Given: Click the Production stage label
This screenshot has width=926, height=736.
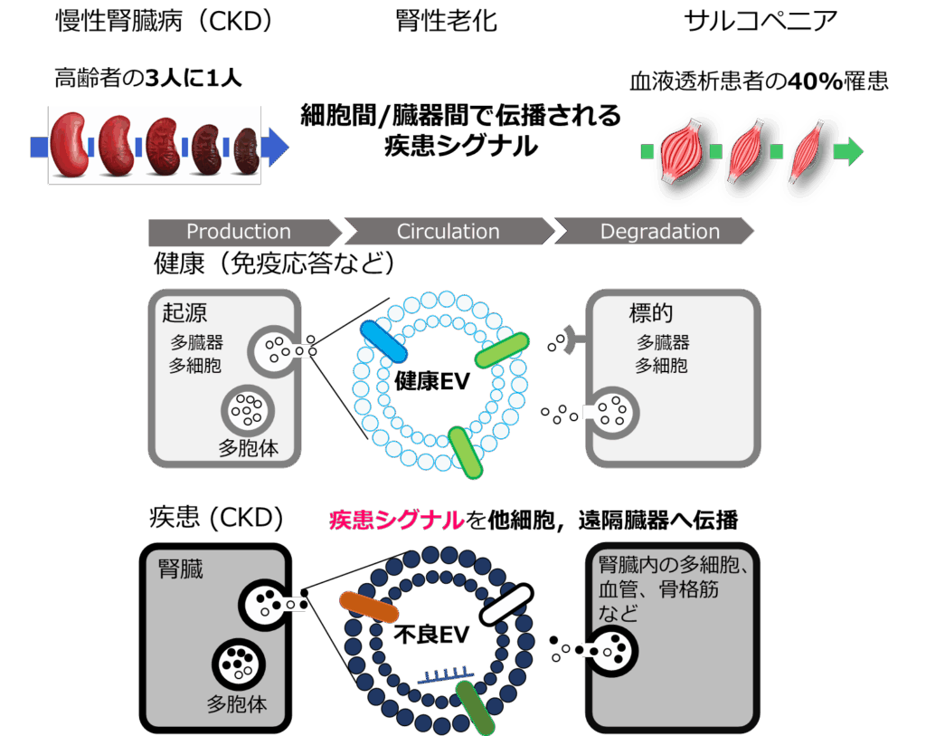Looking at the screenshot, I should pyautogui.click(x=239, y=232).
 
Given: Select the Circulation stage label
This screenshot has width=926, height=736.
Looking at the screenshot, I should pyautogui.click(x=448, y=232).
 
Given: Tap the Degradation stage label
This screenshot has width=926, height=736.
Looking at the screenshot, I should pyautogui.click(x=660, y=232).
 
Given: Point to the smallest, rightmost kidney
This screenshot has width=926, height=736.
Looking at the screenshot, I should pyautogui.click(x=246, y=148).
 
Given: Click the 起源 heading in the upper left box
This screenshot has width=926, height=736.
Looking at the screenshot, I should pyautogui.click(x=184, y=313).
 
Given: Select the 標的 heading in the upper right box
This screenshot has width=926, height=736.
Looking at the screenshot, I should pyautogui.click(x=651, y=313).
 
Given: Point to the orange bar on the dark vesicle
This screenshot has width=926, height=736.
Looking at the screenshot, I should pyautogui.click(x=369, y=607).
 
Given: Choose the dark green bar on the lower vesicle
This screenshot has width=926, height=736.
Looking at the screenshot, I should pyautogui.click(x=476, y=707).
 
